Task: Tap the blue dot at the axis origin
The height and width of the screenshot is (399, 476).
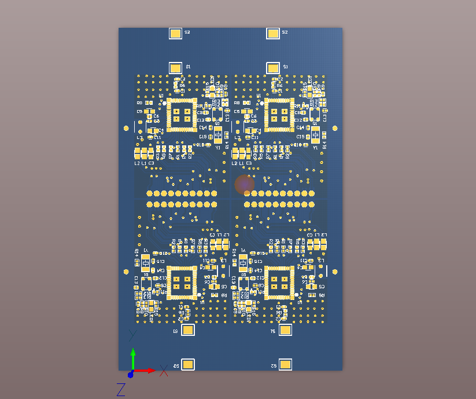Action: coord(131,374)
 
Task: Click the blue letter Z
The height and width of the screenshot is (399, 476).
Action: coord(121,390)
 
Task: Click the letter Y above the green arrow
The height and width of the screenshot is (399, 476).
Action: coord(132,335)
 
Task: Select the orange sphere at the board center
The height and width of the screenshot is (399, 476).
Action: coord(245,185)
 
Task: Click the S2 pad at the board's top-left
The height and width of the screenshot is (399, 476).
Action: coord(175,34)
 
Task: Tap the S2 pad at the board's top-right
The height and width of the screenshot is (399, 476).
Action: coord(273,34)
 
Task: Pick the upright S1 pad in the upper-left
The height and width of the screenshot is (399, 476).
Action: coord(175,68)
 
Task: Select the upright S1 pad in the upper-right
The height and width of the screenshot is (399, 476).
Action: coord(273,68)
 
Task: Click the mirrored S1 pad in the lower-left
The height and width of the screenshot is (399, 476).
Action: coord(188,330)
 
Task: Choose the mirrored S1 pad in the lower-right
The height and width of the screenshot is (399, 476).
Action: coord(286,330)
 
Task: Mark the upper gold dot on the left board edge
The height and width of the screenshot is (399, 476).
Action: coord(126,128)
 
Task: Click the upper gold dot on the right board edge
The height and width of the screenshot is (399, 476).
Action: coord(335,128)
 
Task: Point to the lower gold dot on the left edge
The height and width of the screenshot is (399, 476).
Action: coord(126,271)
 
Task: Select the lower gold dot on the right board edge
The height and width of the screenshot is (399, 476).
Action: coord(334,271)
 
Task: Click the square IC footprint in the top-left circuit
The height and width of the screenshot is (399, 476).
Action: coord(182,114)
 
